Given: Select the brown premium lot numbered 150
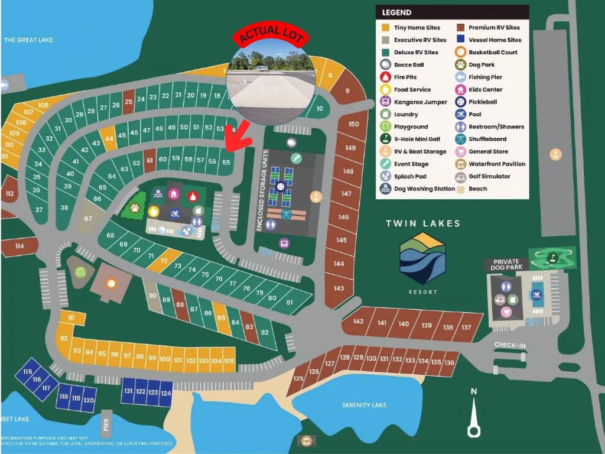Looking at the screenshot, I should click(353, 124).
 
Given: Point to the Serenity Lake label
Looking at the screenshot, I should click(364, 405).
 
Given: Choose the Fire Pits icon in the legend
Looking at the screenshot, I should click(385, 77).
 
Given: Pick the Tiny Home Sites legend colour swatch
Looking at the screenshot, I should click(385, 28).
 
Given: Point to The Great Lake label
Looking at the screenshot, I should click(28, 40).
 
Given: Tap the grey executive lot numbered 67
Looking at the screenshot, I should click(89, 218).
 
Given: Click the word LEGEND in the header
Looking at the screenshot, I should click(396, 12).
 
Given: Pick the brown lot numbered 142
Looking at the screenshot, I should click(358, 322).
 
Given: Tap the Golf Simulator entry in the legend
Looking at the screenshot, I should click(489, 176).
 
